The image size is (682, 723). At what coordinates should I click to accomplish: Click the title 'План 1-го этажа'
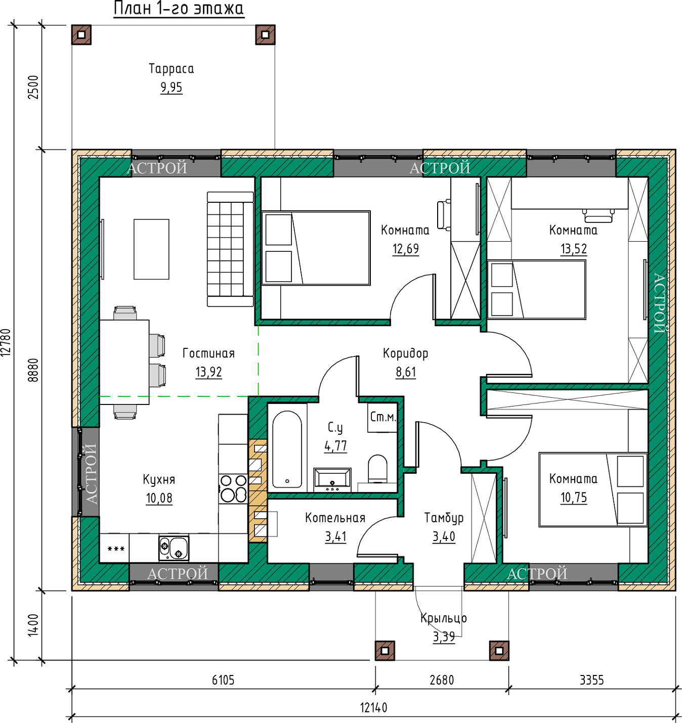179,9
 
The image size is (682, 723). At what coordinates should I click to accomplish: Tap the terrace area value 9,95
171,87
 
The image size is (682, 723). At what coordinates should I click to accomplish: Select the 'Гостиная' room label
208,353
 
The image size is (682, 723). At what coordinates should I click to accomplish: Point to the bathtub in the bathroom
287,449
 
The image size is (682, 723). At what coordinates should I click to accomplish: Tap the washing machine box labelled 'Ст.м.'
382,418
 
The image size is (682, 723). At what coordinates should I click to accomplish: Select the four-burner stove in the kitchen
233,488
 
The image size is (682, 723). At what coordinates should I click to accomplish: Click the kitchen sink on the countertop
174,548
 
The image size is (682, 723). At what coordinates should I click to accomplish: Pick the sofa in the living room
230,249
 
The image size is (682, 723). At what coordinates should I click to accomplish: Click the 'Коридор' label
405,353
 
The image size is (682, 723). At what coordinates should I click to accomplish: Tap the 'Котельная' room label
335,518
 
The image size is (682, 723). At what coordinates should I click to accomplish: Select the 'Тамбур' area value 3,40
444,536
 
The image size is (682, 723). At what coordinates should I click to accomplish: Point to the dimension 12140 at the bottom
374,708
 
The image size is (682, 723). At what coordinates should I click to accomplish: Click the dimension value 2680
442,680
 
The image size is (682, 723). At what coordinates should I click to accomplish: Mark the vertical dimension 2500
33,87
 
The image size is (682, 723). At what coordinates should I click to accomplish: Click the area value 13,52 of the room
574,249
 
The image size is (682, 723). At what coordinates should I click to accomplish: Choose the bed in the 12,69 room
316,248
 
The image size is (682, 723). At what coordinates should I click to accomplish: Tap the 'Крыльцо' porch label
444,618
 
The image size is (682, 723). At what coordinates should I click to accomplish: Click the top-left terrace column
81,34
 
